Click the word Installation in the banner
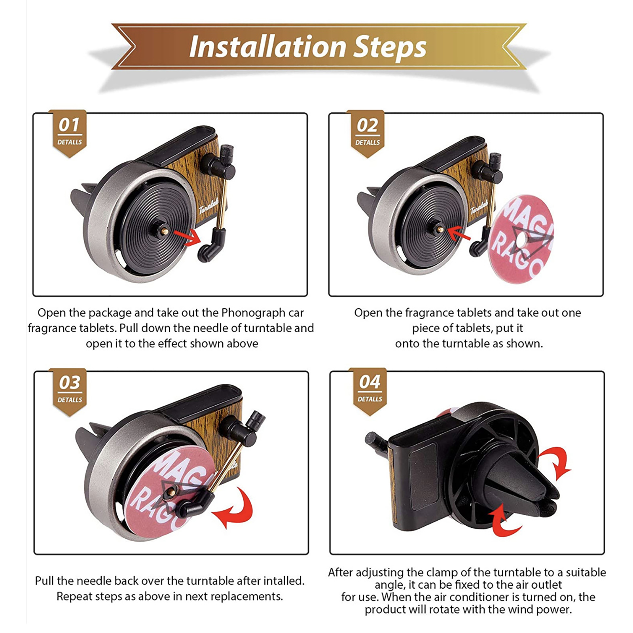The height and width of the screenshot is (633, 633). click(268, 47)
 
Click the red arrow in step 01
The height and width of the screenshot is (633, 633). click(187, 237)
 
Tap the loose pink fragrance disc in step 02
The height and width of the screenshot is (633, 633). click(521, 239)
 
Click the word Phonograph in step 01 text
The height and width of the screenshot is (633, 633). click(253, 313)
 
